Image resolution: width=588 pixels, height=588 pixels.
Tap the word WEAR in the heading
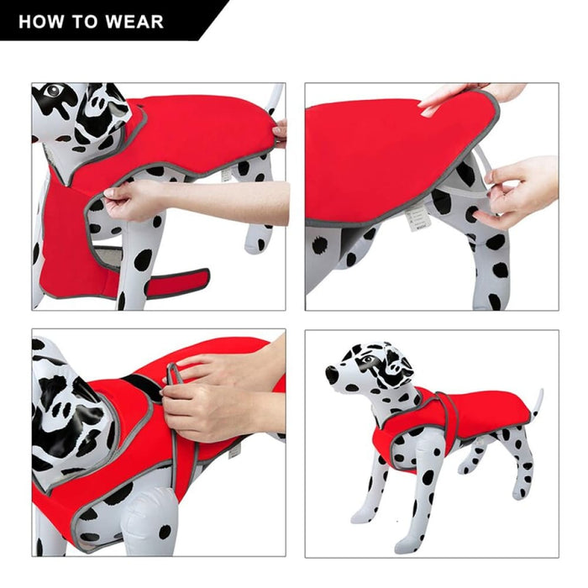click(134, 21)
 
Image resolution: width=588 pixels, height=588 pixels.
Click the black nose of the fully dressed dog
click(331, 375)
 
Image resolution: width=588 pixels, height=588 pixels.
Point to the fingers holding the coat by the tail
click(280, 130)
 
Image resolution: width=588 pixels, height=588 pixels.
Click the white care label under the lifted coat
click(412, 218)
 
